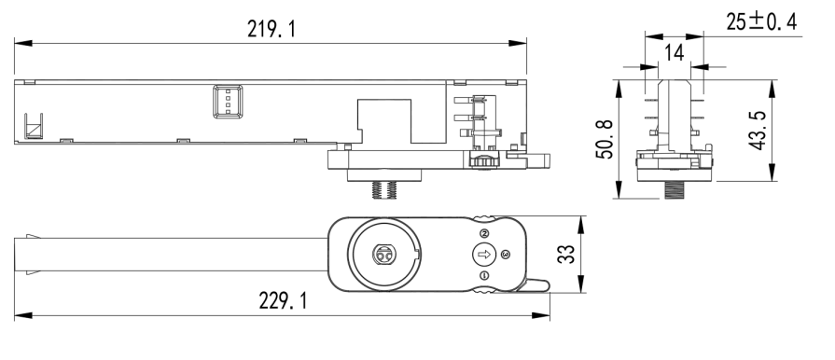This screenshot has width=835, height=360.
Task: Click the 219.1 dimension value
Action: coord(271,29)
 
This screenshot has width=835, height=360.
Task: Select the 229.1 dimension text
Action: coord(283,301)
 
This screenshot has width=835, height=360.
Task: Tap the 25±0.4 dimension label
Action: coord(761,21)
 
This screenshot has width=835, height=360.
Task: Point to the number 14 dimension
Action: coord(675,53)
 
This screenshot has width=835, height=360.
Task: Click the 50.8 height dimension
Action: coord(605,139)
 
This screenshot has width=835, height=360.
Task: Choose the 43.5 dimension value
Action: coord(758,131)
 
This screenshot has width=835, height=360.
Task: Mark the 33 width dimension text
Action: coord(566,254)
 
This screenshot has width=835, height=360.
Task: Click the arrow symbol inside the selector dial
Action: coord(484,255)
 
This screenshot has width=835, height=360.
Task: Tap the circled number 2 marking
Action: coord(484,233)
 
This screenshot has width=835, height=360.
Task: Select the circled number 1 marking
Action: coord(484,275)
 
